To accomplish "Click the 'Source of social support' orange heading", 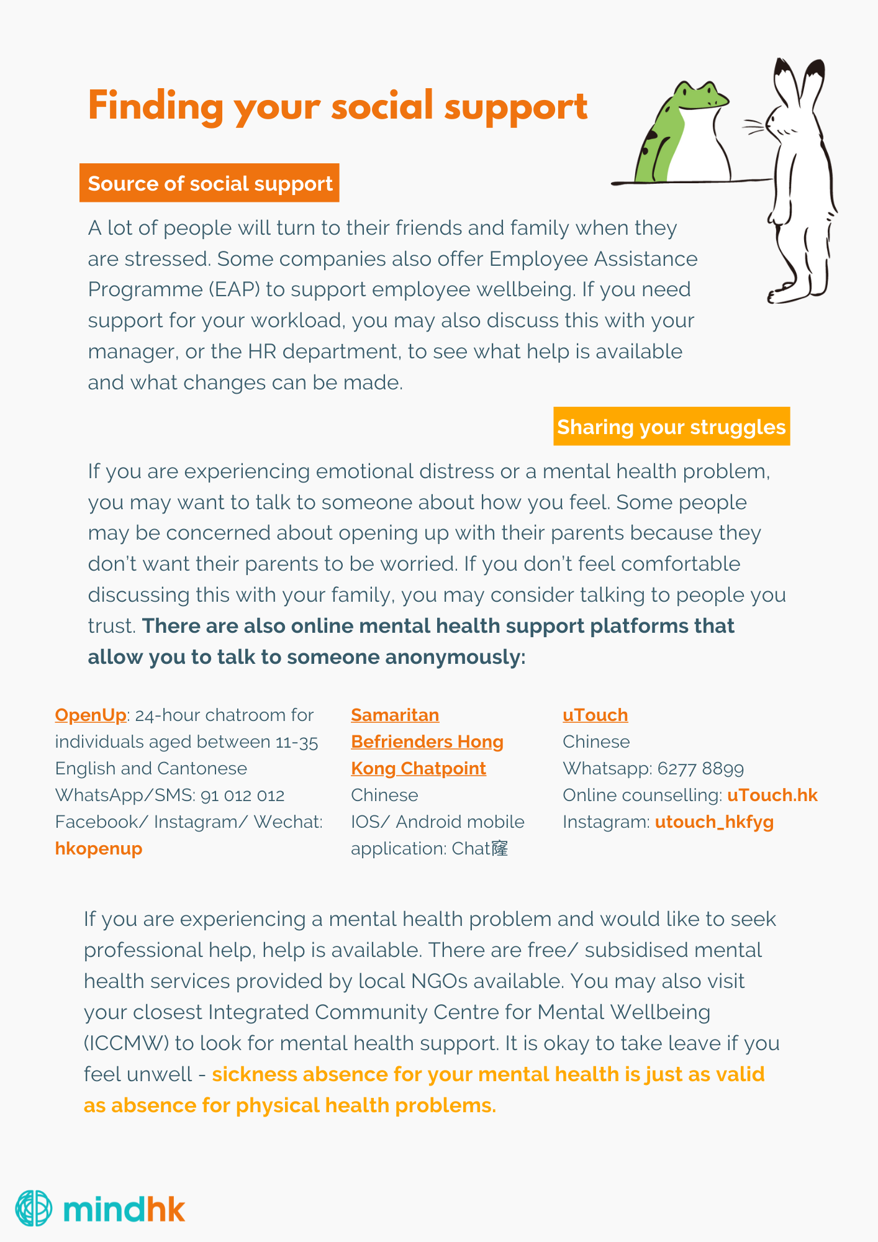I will point(209,183).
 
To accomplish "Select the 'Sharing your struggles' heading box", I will point(671,427).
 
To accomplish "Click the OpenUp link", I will point(91,715).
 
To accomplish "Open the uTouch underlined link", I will point(595,715).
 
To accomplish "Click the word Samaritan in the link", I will point(395,715).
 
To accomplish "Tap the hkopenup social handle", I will point(99,848).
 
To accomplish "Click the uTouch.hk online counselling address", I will point(772,795).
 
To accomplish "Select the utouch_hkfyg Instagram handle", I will point(714,822).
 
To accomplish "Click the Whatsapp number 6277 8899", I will point(700,768).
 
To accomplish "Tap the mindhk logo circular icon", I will point(34,1208).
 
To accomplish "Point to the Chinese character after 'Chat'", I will point(500,848).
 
